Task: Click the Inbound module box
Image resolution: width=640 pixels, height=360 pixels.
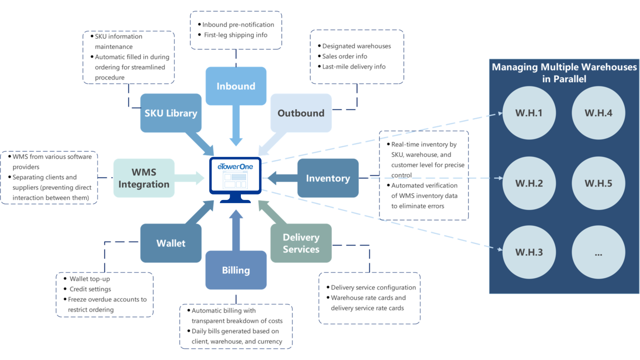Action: (x=236, y=86)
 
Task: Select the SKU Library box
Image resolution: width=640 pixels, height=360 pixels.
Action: (x=171, y=113)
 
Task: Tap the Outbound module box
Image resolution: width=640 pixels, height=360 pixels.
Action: (x=301, y=113)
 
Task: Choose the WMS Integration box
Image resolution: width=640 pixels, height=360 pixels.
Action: (x=144, y=178)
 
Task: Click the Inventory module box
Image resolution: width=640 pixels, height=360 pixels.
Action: (x=328, y=178)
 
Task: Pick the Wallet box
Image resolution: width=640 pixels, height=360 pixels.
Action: (x=171, y=243)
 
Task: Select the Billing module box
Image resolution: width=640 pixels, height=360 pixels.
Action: (x=236, y=270)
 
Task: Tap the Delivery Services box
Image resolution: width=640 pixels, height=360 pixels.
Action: (x=301, y=243)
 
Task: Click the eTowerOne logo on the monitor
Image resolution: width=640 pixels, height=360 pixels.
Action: (x=235, y=166)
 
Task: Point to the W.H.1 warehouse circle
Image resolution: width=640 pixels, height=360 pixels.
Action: (x=529, y=113)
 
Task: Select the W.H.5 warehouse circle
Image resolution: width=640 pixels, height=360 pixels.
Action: (x=598, y=183)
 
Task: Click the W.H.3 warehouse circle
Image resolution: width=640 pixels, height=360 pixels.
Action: (x=529, y=252)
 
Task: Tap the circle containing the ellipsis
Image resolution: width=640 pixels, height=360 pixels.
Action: (x=598, y=252)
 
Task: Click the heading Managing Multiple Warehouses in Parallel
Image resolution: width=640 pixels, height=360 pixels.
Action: (x=564, y=73)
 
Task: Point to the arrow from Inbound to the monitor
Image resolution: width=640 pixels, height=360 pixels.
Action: (x=236, y=125)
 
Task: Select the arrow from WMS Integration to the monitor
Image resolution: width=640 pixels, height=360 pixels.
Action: (x=189, y=178)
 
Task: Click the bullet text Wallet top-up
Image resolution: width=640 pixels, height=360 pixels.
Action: (x=89, y=279)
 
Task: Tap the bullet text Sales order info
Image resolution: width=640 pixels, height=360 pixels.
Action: (x=345, y=56)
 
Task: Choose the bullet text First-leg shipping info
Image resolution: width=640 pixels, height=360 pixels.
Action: (x=235, y=35)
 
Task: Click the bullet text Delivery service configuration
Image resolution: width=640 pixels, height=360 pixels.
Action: (x=373, y=287)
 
